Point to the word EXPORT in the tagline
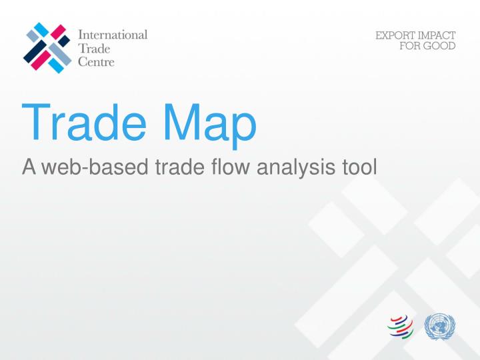tap(392, 36)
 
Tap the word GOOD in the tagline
tap(439, 47)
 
